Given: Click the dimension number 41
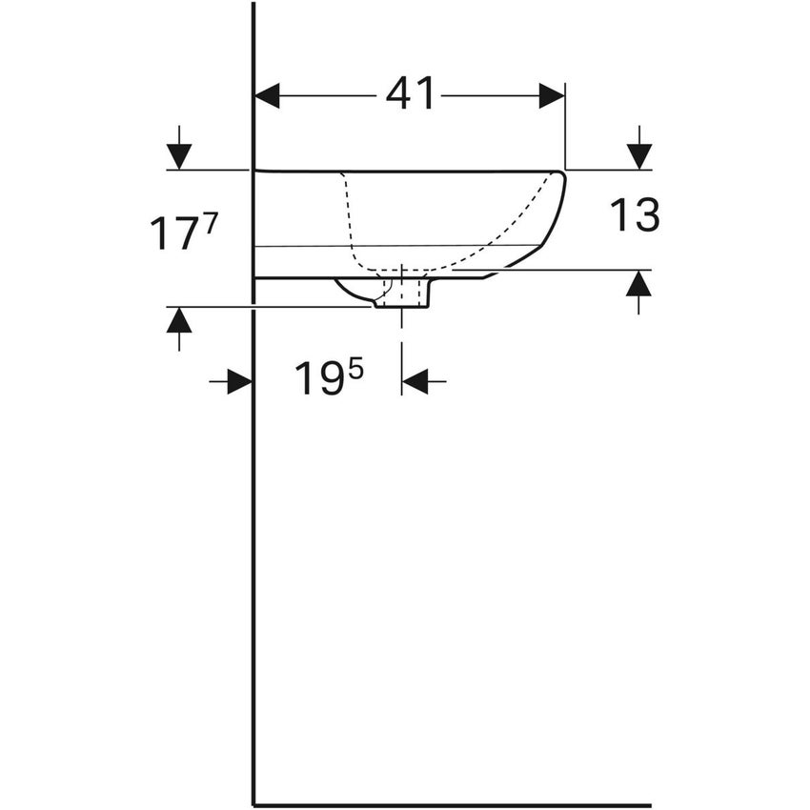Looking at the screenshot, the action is point(410,94).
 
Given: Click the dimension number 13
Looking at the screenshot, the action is point(635,214).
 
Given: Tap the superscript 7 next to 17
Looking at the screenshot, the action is point(206,225).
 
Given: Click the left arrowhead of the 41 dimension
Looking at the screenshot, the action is point(268,95).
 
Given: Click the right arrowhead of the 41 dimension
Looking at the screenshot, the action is point(552,95).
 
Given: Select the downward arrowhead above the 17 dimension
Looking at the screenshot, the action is point(179,156).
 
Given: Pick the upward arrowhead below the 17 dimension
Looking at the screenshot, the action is point(179,320).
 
